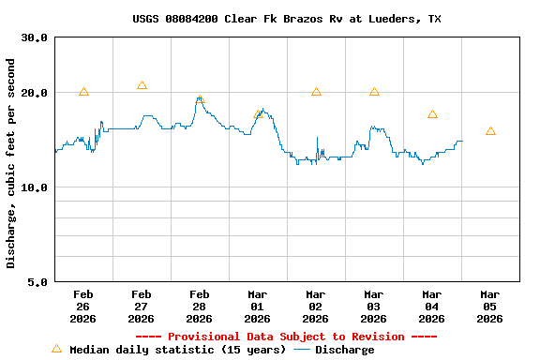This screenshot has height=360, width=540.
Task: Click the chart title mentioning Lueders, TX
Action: click(287, 19)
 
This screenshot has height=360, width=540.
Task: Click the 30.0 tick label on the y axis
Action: click(35, 37)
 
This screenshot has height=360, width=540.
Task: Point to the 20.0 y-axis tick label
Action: click(35, 93)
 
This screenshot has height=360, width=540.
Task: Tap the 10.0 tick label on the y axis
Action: click(35, 187)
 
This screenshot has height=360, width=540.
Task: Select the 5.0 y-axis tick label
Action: click(38, 281)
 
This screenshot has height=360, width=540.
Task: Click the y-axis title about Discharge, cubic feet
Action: click(11, 163)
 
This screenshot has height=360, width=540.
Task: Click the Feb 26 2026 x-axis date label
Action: click(83, 307)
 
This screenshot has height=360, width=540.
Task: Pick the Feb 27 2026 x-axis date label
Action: click(142, 307)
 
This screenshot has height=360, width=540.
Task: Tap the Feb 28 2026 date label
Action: click(200, 307)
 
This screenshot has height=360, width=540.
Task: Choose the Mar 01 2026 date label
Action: click(258, 307)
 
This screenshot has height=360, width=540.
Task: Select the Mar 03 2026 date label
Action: click(374, 307)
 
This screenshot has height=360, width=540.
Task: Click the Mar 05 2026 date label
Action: click(490, 307)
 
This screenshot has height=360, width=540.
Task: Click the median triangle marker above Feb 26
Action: click(83, 92)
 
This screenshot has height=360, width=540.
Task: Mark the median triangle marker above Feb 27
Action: click(142, 85)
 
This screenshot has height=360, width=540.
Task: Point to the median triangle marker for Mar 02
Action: click(316, 92)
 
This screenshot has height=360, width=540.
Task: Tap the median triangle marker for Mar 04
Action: click(432, 114)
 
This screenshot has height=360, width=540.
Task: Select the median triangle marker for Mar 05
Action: click(490, 131)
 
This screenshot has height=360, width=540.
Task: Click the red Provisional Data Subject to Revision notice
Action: click(286, 337)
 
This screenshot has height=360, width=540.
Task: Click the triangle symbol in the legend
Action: click(56, 349)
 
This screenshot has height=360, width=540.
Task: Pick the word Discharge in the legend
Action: click(344, 350)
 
